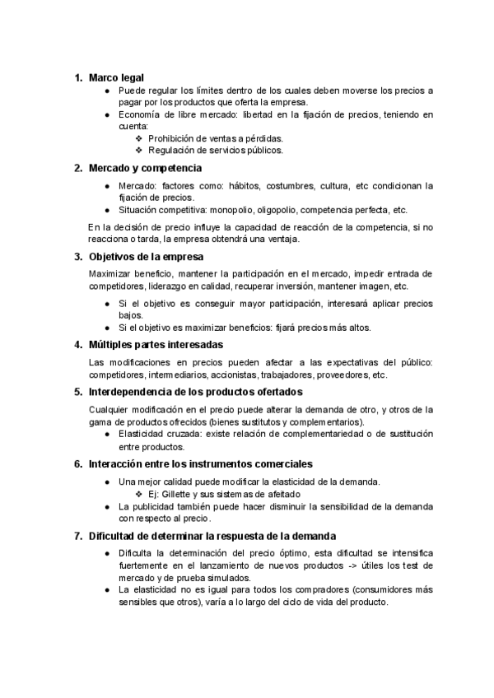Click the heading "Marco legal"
pyautogui.click(x=116, y=77)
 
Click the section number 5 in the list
pyautogui.click(x=77, y=392)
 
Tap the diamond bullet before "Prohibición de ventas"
pyautogui.click(x=138, y=138)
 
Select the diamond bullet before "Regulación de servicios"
pyautogui.click(x=138, y=151)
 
